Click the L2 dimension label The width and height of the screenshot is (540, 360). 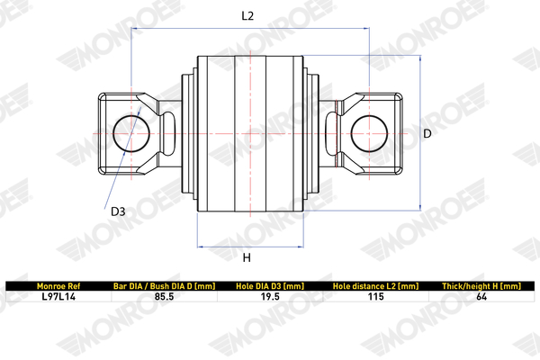coord(248,15)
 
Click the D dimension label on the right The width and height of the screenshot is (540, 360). coord(428,133)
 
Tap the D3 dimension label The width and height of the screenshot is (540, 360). coord(117,212)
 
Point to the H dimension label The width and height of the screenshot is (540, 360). coord(247,258)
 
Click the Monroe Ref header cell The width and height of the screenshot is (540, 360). coord(58,285)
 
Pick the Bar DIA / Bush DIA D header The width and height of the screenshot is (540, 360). coord(163,285)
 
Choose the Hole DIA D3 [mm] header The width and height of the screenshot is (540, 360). coord(269,285)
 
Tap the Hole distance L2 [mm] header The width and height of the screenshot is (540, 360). coord(375,285)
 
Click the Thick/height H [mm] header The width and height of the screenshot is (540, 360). coord(481,285)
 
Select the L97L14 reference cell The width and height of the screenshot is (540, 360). coord(58,296)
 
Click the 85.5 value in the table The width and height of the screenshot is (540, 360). coord(163,296)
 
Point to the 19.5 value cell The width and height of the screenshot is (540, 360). coord(269,296)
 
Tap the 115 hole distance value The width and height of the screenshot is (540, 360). coord(375,296)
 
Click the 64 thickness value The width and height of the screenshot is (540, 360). coord(481,296)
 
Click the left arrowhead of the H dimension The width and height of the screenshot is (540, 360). coord(200,246)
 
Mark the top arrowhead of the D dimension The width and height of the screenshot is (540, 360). coord(420,59)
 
